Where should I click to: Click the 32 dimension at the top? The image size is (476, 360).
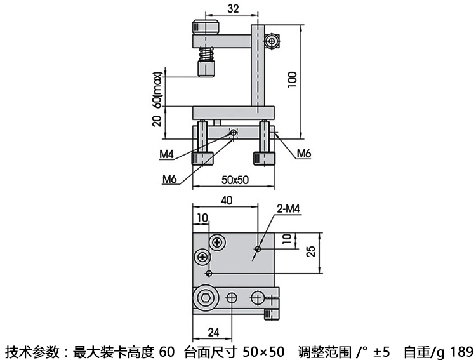click(232, 8)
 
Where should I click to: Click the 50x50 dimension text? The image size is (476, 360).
click(234, 180)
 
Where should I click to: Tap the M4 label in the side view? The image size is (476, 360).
click(166, 154)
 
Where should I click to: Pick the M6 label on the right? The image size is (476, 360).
click(304, 154)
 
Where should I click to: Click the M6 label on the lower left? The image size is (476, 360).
click(168, 179)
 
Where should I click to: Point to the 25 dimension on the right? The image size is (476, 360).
click(310, 251)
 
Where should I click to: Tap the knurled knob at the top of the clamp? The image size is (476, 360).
click(205, 27)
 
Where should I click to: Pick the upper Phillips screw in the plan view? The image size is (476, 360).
click(219, 241)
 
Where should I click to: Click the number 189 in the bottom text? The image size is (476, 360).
click(461, 351)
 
